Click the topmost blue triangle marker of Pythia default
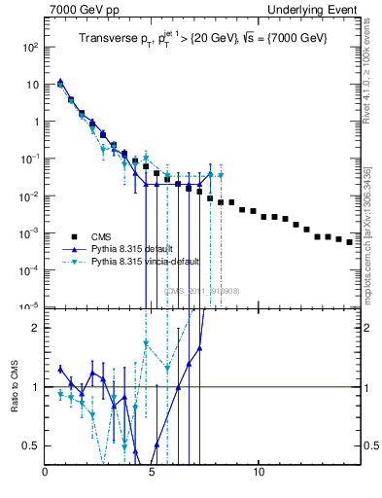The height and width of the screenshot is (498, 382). pos(60,82)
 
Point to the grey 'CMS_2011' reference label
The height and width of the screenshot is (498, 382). pos(201,291)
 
